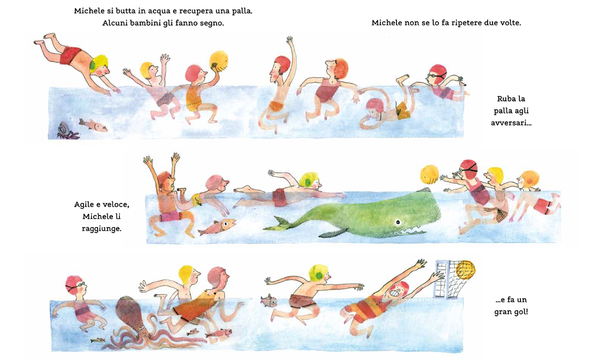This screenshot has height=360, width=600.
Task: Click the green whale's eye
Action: (398, 222)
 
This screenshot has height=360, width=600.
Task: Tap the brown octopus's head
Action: (129, 310)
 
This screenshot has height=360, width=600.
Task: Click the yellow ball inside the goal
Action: (465, 269)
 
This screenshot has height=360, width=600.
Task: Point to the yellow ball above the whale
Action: (430, 175)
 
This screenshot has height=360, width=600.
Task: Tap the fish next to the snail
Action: (93, 125)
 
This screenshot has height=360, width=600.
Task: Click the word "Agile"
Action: (84, 205)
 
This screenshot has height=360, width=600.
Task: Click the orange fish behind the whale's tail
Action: (216, 227)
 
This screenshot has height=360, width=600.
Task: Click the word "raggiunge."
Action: (101, 229)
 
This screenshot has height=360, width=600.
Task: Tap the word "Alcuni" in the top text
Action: (115, 23)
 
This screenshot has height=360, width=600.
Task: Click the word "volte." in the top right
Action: (511, 22)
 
